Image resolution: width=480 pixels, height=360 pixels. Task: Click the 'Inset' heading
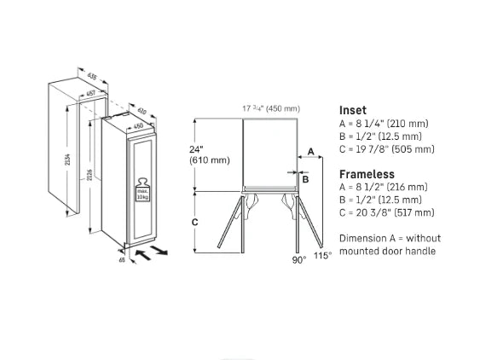(x=353, y=110)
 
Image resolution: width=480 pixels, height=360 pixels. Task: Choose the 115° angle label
(x=321, y=255)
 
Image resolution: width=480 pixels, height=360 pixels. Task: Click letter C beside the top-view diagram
(x=194, y=222)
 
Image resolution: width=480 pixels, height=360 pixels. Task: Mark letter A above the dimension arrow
(x=310, y=149)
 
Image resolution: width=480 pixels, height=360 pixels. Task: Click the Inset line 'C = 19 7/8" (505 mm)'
(x=386, y=149)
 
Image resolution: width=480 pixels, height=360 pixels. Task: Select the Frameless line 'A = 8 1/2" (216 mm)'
(x=383, y=187)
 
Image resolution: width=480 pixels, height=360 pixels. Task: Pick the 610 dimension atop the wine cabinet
(x=142, y=112)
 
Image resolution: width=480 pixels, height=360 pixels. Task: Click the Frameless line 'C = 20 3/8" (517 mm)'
(x=386, y=212)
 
